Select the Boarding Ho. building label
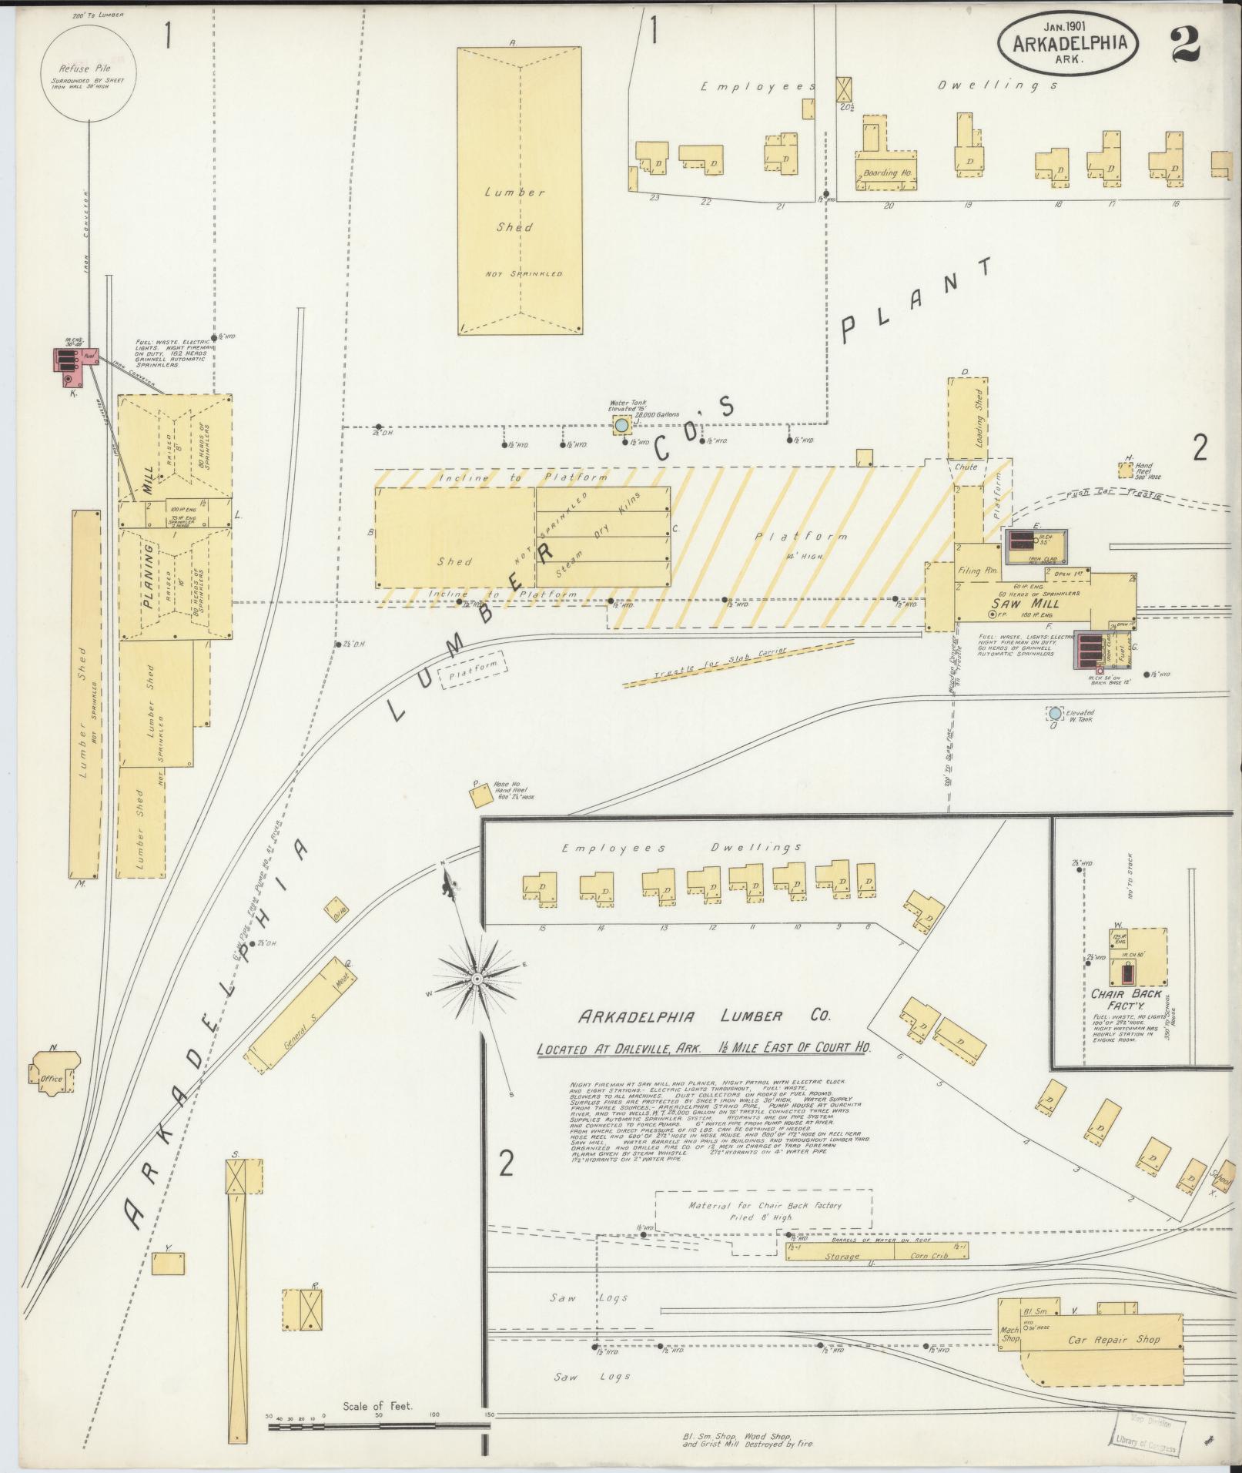tap(885, 173)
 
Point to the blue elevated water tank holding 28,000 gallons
tap(621, 425)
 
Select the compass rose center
tap(477, 978)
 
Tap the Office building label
tap(52, 1079)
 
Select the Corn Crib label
tap(929, 1255)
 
